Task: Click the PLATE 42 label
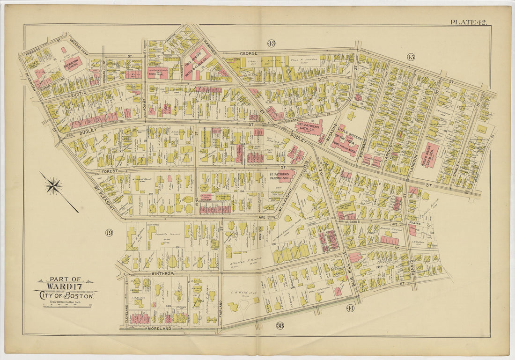(468, 22)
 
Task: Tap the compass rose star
(53, 186)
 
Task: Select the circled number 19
(109, 233)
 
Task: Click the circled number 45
(411, 57)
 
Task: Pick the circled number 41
(351, 308)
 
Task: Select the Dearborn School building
(73, 63)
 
